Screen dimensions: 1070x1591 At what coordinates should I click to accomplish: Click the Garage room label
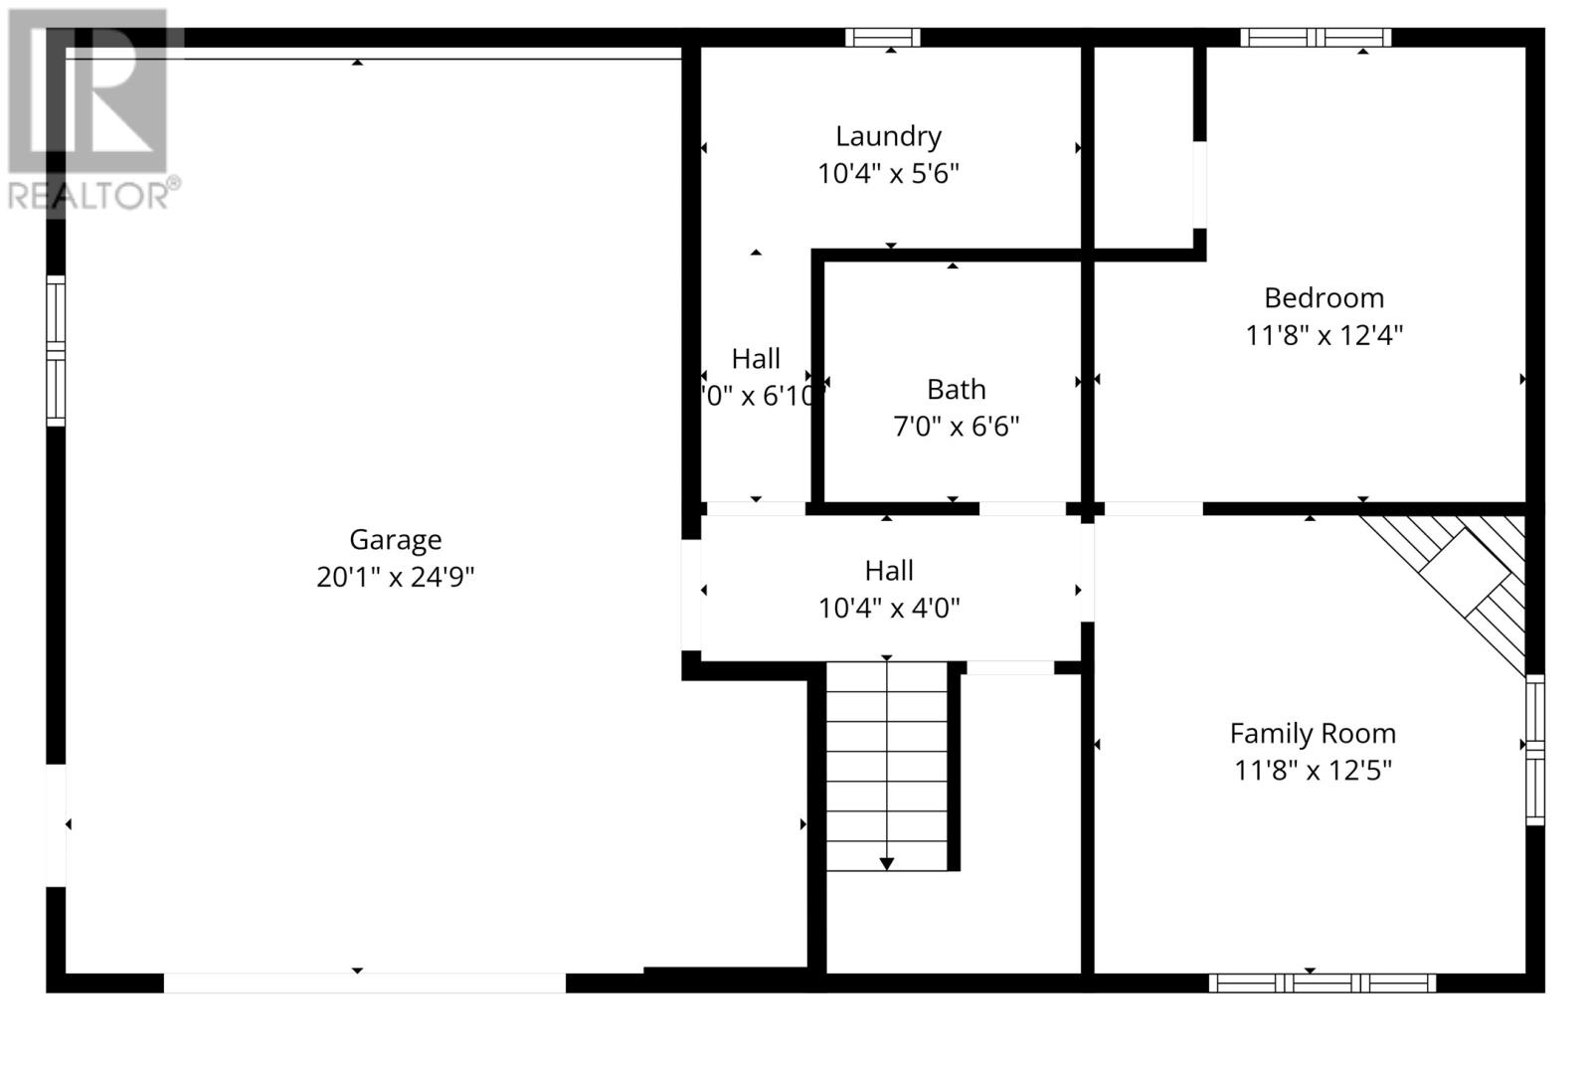[x=395, y=540]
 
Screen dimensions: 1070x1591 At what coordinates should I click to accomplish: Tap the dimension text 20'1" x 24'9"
[x=395, y=578]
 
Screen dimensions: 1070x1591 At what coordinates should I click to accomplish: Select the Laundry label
[x=888, y=136]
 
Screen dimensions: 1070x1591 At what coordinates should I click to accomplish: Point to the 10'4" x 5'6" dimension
[x=888, y=174]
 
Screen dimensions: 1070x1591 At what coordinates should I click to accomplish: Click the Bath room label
[x=956, y=390]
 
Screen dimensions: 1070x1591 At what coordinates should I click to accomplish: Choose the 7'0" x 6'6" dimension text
[x=956, y=427]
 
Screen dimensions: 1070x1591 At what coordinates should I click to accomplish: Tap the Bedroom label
[x=1324, y=298]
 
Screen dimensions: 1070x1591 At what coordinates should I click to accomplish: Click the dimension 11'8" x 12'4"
[x=1324, y=335]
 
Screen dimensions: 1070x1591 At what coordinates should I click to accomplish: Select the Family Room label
[x=1313, y=734]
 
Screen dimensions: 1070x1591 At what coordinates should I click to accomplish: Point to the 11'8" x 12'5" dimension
[x=1313, y=771]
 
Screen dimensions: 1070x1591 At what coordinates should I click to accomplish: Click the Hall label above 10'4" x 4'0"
[x=888, y=571]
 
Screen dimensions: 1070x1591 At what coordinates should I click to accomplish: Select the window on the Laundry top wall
[x=882, y=38]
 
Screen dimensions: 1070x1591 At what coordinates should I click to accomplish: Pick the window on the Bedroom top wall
[x=1315, y=38]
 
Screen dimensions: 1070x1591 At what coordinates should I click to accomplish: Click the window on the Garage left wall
[x=56, y=351]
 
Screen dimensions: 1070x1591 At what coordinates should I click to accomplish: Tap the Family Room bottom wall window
[x=1322, y=983]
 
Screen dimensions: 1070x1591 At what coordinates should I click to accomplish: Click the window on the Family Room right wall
[x=1535, y=749]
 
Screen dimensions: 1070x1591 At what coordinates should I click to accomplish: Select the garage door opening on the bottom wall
[x=364, y=983]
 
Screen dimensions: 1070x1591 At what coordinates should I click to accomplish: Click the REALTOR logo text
[x=93, y=195]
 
